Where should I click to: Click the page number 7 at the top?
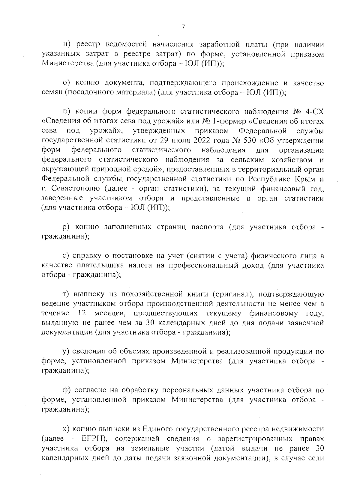pyautogui.click(x=183, y=27)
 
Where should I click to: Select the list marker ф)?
pyautogui.click(x=66, y=390)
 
